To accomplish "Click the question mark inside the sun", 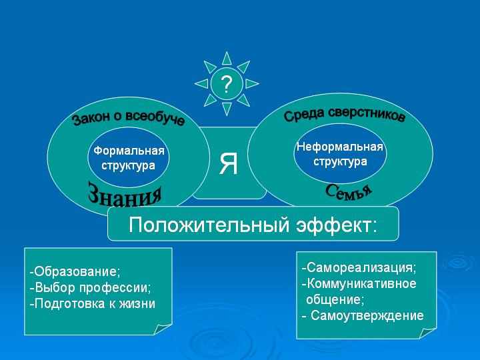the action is [x=227, y=84].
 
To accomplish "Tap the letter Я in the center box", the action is [x=229, y=164].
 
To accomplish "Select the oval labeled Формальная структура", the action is [x=129, y=157].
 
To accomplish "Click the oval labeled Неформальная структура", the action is [x=340, y=154].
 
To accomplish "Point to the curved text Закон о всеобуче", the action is [x=129, y=118].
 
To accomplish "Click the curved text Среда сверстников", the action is [x=345, y=115].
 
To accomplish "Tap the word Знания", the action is [x=125, y=195].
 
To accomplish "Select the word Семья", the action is [x=349, y=193].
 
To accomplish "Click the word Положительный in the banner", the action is [x=209, y=225].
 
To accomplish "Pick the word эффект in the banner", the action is [x=336, y=225].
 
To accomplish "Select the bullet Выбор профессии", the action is [x=90, y=288].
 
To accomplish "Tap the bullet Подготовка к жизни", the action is [x=93, y=304].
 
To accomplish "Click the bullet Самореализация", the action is [x=359, y=267].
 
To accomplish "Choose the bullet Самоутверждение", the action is [x=363, y=315].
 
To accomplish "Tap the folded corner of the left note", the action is [x=162, y=329].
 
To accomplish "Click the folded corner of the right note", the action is [x=427, y=333].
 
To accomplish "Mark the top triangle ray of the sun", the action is [x=227, y=59].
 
